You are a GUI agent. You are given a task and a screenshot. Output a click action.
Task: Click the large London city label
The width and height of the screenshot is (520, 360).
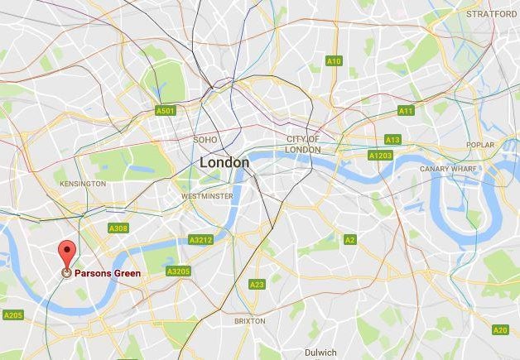[224, 163]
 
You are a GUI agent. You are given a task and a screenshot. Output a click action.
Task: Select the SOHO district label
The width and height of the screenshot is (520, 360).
[205, 140]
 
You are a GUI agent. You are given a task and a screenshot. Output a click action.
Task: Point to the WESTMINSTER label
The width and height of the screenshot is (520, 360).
[207, 196]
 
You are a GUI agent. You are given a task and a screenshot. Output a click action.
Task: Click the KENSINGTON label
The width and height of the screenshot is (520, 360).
[84, 183]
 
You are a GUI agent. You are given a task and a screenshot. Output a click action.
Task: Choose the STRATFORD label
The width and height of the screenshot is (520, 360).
[492, 14]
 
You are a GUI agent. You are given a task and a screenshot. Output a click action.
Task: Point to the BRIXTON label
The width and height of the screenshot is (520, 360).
[249, 320]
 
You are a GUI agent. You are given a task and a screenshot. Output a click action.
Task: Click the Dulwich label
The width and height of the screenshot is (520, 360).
[320, 352]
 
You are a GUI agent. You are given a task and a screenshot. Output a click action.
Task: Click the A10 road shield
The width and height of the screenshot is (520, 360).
[334, 61]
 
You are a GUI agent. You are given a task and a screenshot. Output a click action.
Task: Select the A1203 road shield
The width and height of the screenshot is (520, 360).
[381, 155]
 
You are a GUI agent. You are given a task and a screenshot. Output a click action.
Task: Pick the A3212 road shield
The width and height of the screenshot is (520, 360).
[200, 240]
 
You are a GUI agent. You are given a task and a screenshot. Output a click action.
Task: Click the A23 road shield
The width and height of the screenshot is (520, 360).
[257, 284]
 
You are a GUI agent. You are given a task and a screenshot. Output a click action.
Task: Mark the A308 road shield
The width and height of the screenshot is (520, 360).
[118, 228]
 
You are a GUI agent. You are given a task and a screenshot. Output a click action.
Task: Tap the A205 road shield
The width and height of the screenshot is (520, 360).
[12, 314]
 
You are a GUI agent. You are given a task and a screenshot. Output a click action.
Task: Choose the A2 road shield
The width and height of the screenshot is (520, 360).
[350, 239]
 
